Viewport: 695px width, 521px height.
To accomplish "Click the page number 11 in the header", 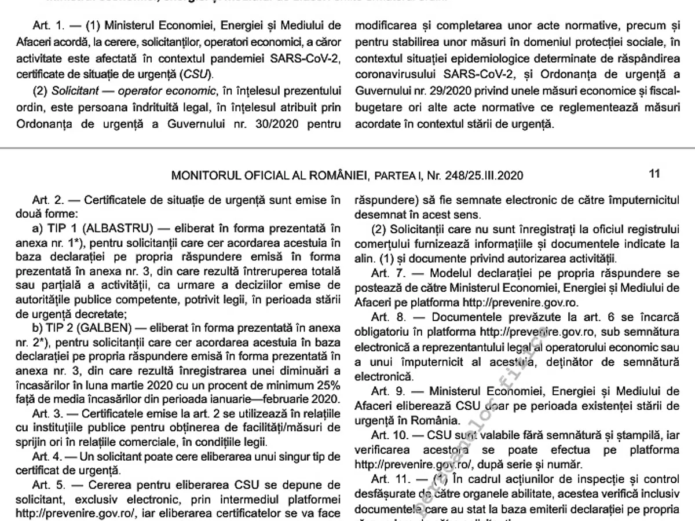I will (655, 174).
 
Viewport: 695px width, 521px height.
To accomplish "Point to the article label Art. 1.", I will (45, 26).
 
